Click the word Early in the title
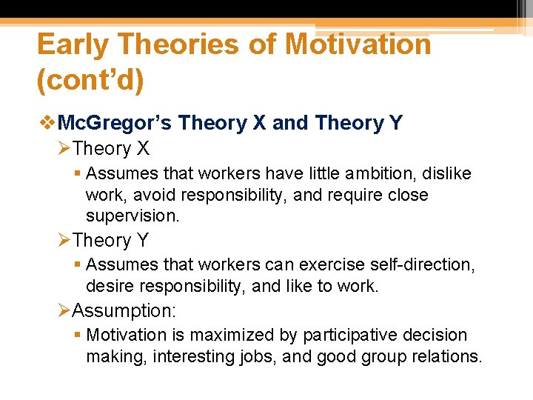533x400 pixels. tap(73, 45)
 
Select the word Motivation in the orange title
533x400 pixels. tap(358, 45)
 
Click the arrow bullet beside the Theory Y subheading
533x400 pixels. tap(64, 241)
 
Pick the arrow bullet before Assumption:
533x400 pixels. tap(64, 310)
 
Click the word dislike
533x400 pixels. tap(445, 173)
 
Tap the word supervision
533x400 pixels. tap(132, 216)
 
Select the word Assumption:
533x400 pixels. tap(122, 310)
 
